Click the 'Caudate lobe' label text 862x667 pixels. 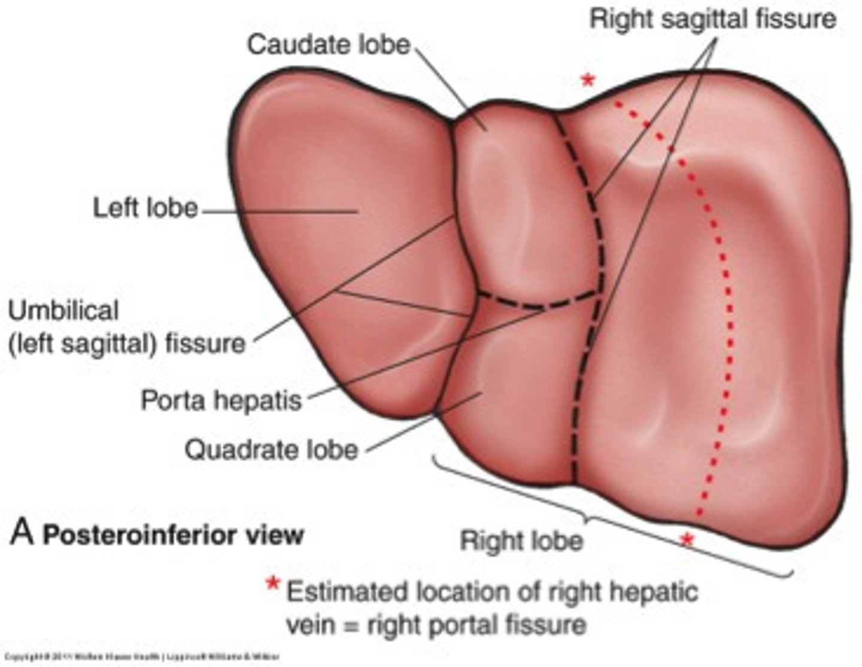click(x=329, y=45)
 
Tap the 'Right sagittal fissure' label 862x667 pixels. click(x=712, y=19)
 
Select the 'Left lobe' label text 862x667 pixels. click(x=145, y=208)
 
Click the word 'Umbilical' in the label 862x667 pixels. click(x=63, y=311)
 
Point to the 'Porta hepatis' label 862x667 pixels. click(x=221, y=400)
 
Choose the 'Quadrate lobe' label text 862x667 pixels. click(x=271, y=450)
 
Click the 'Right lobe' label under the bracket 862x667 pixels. click(x=521, y=541)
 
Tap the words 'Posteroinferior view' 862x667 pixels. click(x=173, y=535)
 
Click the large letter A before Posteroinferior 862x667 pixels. click(x=22, y=532)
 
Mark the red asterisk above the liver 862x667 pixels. click(x=588, y=80)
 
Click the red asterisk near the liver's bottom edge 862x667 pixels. click(x=687, y=540)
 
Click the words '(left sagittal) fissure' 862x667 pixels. click(x=127, y=344)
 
